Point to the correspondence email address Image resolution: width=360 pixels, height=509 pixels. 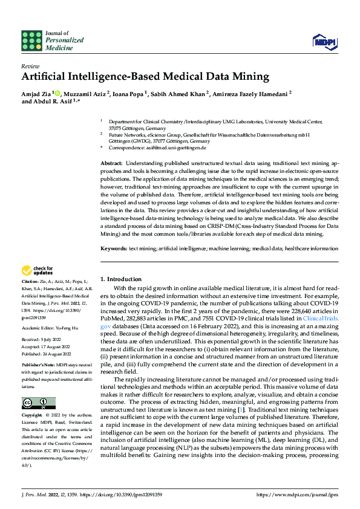click(x=178, y=148)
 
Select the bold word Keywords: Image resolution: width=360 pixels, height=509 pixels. click(x=113, y=248)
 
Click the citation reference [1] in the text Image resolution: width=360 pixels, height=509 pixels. click(x=241, y=410)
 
